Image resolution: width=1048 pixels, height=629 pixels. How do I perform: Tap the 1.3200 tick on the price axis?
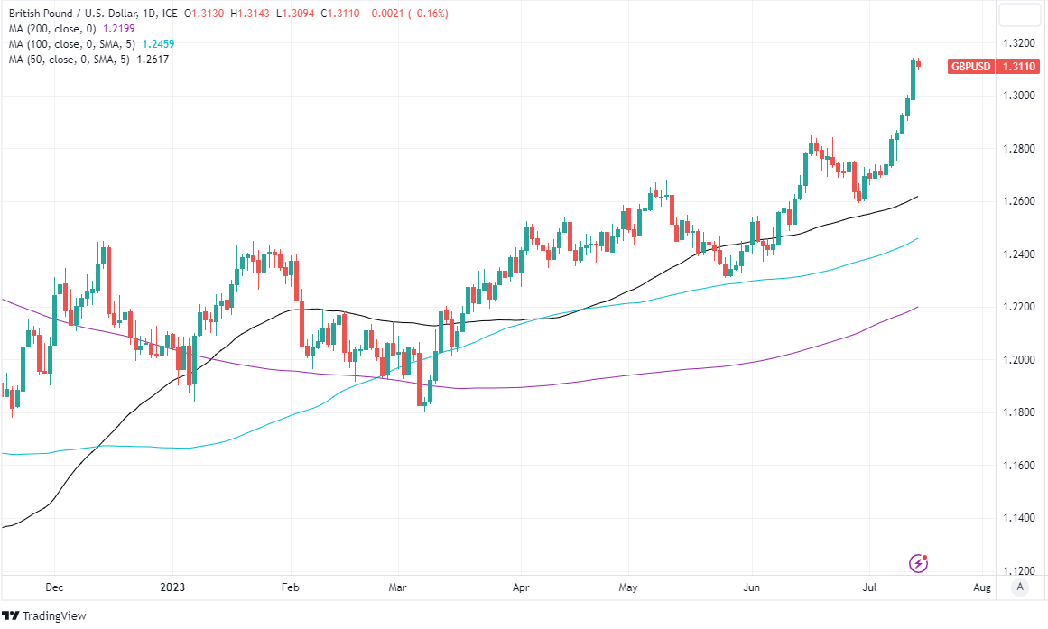tap(1020, 43)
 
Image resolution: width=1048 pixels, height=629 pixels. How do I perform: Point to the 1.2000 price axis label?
tap(1020, 360)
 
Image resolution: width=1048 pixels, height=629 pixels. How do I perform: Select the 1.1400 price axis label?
tap(1020, 518)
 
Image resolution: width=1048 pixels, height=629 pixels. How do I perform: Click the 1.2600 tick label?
tap(1020, 201)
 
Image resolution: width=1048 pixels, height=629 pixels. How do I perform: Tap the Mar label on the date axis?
tap(398, 587)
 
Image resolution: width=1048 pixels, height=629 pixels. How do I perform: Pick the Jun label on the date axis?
tap(751, 587)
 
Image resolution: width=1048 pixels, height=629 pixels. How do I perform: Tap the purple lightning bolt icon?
tap(919, 563)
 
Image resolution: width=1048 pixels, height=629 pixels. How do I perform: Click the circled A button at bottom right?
tap(1020, 587)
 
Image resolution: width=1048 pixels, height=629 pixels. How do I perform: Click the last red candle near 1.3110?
tap(919, 63)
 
